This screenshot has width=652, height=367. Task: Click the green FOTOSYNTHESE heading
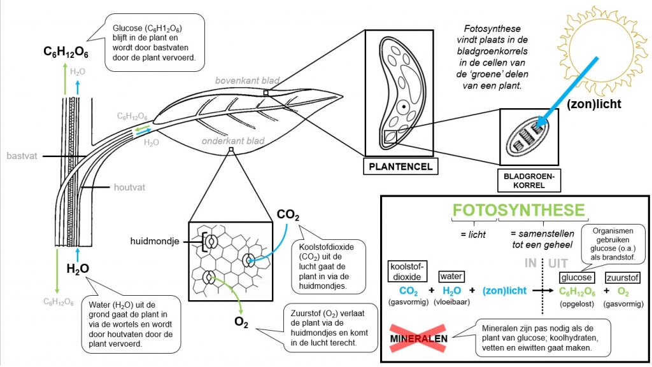518,211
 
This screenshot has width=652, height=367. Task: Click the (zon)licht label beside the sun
594,104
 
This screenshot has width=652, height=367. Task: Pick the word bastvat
19,155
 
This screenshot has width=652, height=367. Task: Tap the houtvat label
130,188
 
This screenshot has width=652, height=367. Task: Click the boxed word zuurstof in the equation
622,277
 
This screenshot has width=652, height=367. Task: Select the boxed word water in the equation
451,276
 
